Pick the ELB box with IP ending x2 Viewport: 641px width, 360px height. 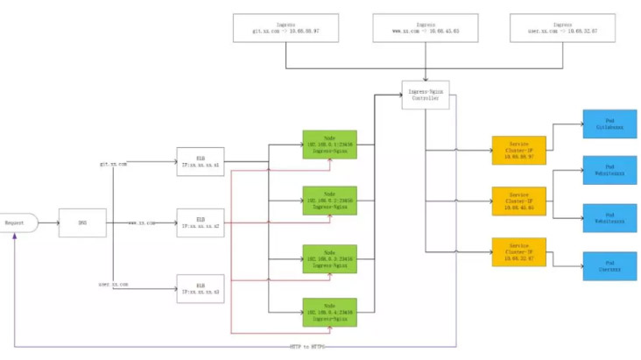[x=194, y=222]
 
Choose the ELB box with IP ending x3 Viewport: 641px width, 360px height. [x=194, y=287]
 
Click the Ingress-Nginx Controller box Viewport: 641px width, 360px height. [x=425, y=95]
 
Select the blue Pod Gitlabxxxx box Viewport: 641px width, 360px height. [x=604, y=124]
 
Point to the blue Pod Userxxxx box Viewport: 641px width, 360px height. [x=604, y=265]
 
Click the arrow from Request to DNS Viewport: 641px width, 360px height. [x=47, y=223]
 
